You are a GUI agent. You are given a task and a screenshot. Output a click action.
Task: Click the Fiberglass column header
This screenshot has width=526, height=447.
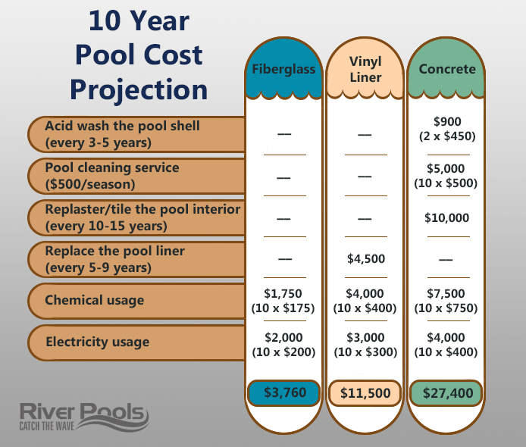284,69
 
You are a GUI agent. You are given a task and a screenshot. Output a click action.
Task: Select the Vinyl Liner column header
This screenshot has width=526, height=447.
365,68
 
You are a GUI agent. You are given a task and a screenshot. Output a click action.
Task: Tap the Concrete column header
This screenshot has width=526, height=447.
447,69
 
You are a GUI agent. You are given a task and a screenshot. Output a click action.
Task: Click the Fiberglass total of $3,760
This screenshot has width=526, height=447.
284,392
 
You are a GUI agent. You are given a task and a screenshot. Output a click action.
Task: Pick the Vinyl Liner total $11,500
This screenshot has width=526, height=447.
365,393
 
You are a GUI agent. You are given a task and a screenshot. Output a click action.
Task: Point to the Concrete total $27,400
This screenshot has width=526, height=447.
447,393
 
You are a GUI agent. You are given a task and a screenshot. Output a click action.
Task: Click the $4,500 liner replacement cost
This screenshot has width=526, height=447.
365,258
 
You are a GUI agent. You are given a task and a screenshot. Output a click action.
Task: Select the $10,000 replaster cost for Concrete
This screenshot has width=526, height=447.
447,217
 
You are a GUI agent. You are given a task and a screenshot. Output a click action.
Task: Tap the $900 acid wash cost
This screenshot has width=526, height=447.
447,121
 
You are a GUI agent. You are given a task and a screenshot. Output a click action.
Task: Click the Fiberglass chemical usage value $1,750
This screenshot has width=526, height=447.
284,293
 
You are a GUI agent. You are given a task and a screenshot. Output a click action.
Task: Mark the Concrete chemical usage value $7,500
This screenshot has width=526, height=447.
447,293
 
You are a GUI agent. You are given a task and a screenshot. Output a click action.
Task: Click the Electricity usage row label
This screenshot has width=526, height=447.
97,342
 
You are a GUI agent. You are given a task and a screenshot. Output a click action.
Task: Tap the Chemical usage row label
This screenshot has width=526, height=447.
94,301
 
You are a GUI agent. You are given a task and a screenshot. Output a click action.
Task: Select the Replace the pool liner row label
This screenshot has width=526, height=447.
114,259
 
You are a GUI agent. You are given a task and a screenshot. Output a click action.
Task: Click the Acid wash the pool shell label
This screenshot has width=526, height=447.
121,133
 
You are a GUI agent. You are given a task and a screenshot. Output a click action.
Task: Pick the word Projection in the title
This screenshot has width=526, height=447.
139,89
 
